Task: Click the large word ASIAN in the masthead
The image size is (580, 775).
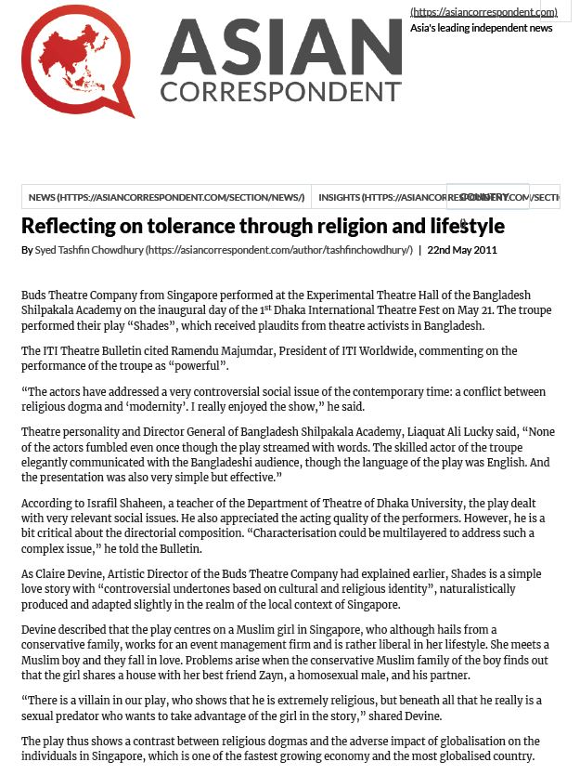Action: (280, 48)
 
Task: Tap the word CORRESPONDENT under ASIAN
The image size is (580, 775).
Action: (280, 92)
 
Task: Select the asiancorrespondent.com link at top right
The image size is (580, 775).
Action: (483, 12)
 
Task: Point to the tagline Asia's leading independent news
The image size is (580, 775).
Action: (481, 28)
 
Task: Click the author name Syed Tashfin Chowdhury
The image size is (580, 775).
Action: (89, 250)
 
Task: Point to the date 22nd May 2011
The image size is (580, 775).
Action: (462, 250)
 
